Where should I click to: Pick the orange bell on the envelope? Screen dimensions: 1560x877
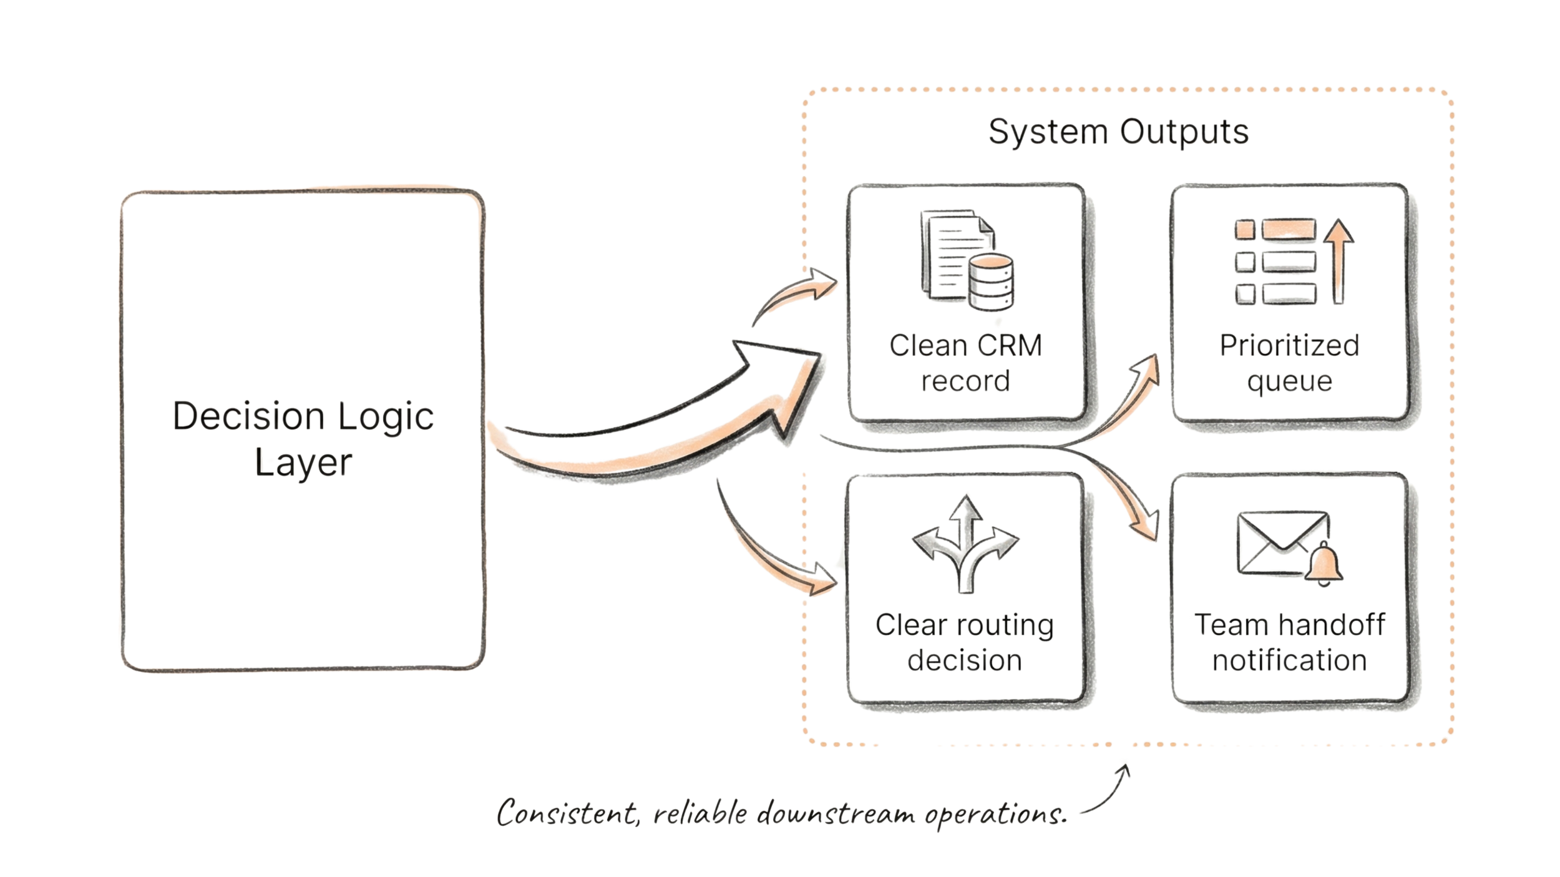click(1324, 564)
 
